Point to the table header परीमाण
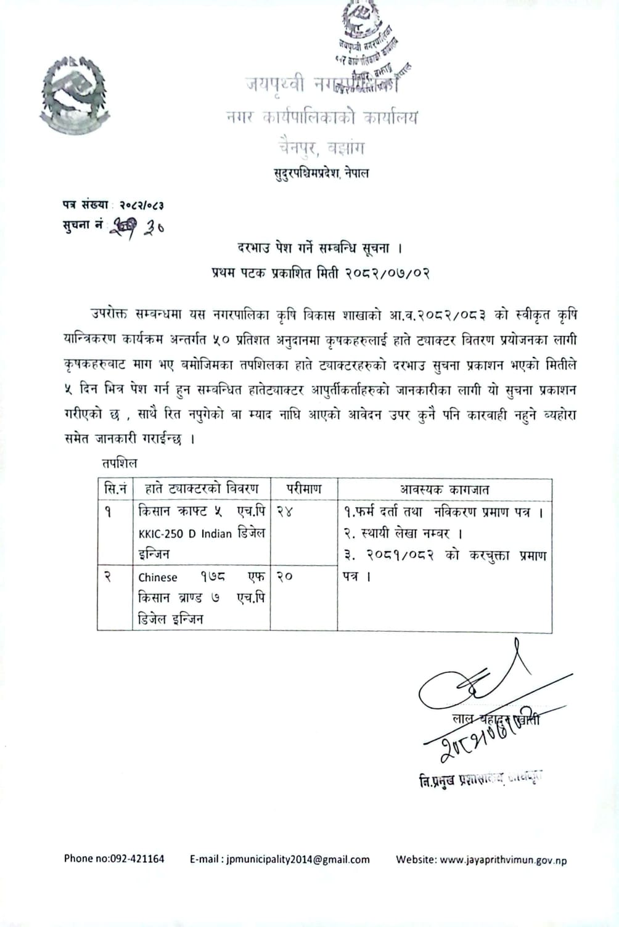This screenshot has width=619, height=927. [303, 489]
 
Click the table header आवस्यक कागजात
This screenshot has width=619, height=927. [444, 489]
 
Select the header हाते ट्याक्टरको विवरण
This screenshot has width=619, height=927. [201, 489]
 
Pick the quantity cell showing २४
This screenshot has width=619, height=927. [285, 512]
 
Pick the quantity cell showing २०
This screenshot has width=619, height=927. [285, 576]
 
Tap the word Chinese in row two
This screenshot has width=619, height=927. [158, 578]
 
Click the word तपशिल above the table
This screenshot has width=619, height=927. [120, 463]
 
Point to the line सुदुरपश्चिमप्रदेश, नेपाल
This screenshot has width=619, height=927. [321, 173]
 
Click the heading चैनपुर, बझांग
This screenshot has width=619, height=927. [321, 148]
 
